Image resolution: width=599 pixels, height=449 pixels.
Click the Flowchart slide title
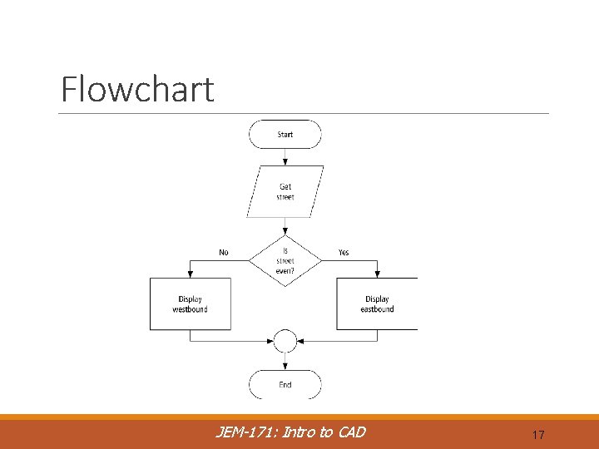tap(137, 90)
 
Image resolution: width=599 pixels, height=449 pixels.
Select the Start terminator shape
tap(285, 134)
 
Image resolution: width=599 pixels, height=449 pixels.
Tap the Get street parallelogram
tap(285, 192)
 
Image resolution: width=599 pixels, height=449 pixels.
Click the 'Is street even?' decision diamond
tap(285, 260)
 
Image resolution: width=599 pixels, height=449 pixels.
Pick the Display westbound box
tap(191, 303)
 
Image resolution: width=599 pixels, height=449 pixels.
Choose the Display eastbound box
tap(377, 303)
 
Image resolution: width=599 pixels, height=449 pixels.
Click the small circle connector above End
tap(285, 341)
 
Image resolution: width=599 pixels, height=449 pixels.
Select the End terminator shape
tap(285, 385)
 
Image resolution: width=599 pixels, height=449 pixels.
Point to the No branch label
tap(224, 252)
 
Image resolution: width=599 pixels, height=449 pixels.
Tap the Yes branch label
tap(344, 252)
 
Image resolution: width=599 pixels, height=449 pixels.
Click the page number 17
tap(537, 435)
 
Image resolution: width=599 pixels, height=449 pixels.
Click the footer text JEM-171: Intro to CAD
tap(290, 432)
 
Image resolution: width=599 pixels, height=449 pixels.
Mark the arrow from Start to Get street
tap(285, 157)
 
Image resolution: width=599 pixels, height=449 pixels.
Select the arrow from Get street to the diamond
tap(285, 226)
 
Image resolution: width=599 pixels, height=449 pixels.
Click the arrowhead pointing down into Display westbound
tap(191, 274)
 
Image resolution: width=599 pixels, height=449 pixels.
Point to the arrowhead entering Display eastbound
tap(378, 274)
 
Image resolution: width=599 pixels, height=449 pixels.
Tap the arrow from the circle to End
tap(285, 362)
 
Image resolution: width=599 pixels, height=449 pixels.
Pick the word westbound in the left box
tap(191, 309)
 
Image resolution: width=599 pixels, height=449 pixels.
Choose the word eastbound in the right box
tap(377, 309)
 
